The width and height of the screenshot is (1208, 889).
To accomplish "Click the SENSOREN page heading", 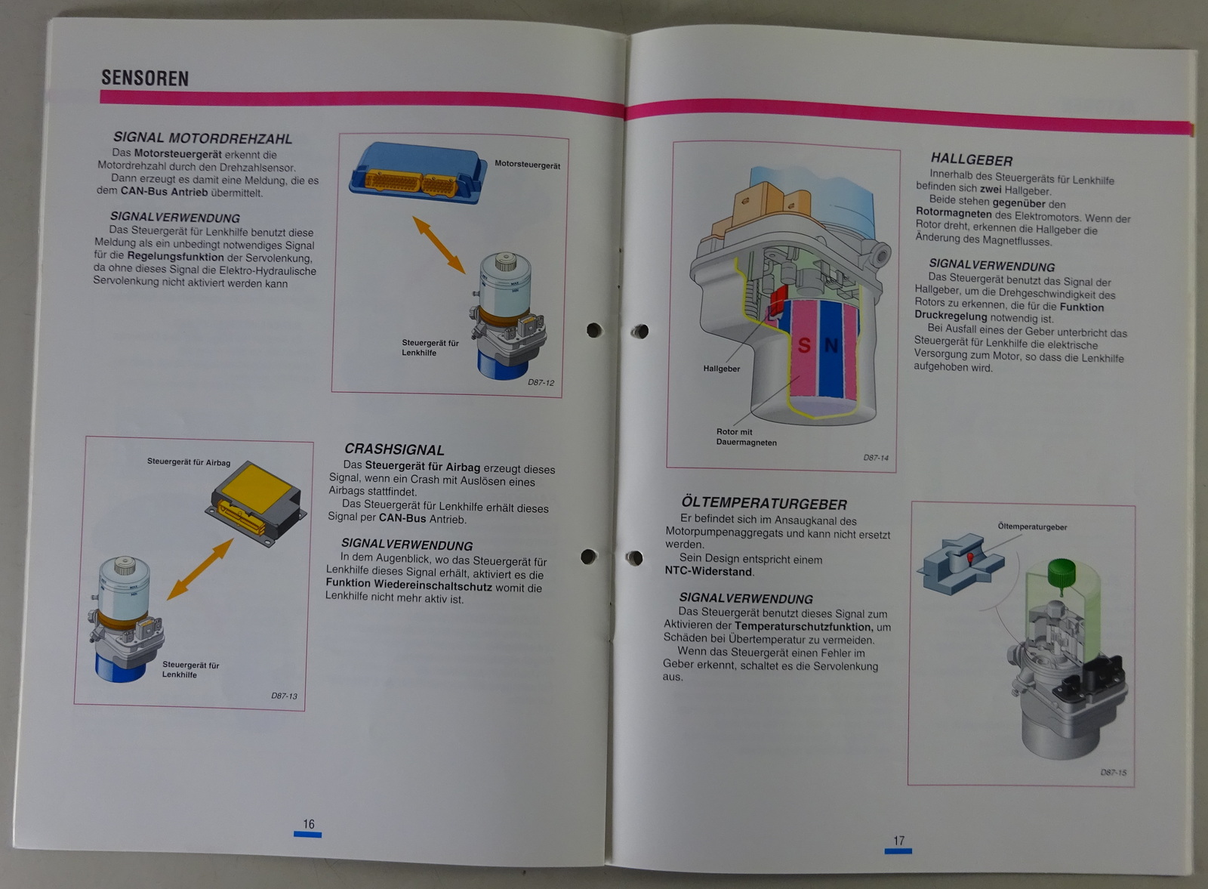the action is tap(145, 79).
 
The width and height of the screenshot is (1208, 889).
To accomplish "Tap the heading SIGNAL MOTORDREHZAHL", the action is tap(202, 138).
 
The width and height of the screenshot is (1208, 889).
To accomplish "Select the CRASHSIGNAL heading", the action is tap(394, 449).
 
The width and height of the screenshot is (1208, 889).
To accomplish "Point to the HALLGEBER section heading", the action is tap(971, 159).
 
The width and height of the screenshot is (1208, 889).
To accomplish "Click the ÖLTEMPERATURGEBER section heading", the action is tap(763, 503).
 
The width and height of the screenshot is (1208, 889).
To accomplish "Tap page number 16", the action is tap(309, 824).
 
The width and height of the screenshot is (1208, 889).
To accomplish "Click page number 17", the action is tap(898, 841).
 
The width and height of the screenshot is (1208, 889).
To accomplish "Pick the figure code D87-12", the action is tap(541, 382).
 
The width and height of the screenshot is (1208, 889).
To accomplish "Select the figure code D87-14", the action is tap(875, 458).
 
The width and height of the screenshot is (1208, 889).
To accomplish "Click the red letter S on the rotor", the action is tap(803, 345).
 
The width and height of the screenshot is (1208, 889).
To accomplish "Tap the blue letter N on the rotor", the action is tap(831, 344).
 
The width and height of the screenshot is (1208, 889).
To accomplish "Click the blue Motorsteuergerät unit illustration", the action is tap(416, 173).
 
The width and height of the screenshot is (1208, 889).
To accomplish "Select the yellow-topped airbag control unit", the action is tap(256, 503).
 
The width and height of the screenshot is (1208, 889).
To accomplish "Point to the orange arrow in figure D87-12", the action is tap(439, 245).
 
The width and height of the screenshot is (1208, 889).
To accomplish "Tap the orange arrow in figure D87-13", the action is tap(199, 569).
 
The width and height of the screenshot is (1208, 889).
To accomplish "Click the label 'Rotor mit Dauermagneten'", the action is tap(747, 437).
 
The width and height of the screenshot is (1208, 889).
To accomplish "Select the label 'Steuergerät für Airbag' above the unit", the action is tap(189, 461).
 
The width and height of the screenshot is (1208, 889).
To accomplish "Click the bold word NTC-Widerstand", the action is tap(708, 571).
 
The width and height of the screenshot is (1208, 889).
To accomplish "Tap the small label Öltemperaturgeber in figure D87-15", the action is tap(1032, 526).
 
